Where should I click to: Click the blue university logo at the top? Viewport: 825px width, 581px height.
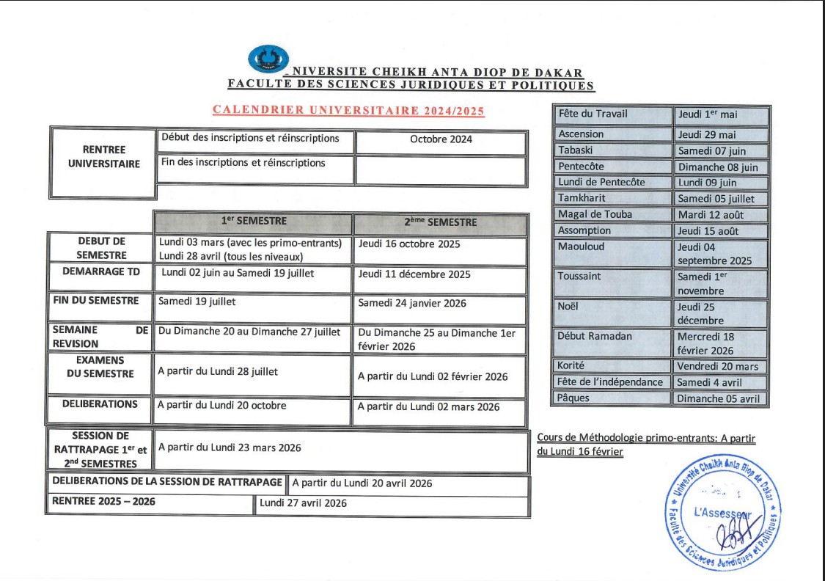click(x=268, y=59)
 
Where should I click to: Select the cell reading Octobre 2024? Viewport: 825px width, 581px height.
click(x=441, y=139)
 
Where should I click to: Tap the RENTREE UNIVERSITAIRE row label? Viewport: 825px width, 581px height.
click(x=103, y=157)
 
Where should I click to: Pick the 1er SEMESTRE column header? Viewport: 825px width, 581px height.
click(x=254, y=222)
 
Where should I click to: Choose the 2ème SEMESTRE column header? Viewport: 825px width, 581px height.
click(x=440, y=222)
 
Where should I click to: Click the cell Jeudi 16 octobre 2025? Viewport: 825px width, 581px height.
click(x=409, y=244)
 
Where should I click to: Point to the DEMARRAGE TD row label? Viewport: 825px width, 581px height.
click(x=101, y=271)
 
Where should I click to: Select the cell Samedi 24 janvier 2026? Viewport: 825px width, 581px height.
click(x=412, y=303)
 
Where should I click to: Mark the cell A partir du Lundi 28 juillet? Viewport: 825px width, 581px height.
click(x=218, y=371)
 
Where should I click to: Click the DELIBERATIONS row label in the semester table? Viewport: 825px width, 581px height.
click(x=100, y=404)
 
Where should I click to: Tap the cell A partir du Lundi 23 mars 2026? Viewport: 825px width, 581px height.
click(x=230, y=447)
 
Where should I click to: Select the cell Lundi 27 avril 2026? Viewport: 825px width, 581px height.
click(x=303, y=503)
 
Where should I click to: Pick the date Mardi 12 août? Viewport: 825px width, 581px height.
click(x=711, y=215)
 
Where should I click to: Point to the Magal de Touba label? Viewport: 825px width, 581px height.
click(x=595, y=214)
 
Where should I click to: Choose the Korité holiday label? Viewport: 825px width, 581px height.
click(x=571, y=365)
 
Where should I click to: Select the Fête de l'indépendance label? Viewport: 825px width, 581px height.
click(x=610, y=382)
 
